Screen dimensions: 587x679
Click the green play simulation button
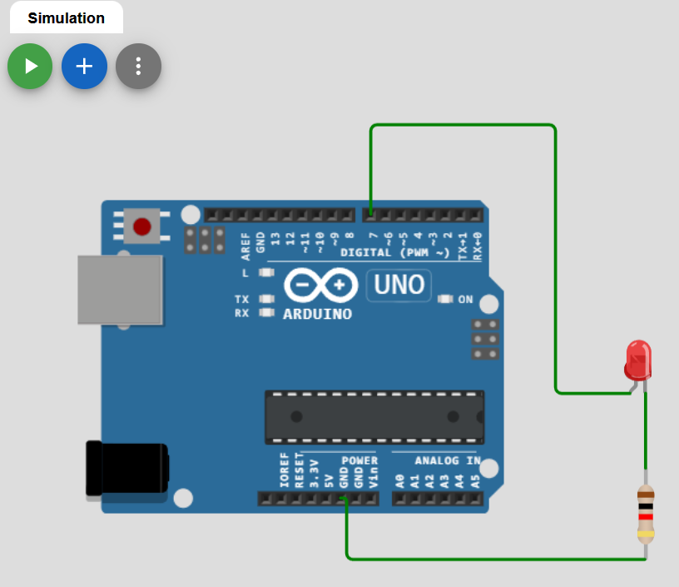[x=30, y=67]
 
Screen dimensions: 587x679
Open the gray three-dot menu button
[x=138, y=67]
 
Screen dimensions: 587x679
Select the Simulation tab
[x=67, y=17]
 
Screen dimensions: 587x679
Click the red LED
[x=637, y=357]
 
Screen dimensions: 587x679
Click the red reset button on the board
[x=142, y=226]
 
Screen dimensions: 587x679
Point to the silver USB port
[x=120, y=289]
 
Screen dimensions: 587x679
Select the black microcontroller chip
[x=374, y=416]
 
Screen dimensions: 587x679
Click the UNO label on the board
[x=399, y=286]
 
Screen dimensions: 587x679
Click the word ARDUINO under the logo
[x=317, y=315]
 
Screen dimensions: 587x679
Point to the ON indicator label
[x=465, y=300]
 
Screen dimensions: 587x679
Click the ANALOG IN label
[x=448, y=460]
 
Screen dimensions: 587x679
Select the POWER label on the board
[x=359, y=460]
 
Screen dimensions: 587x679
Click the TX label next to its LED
[x=242, y=299]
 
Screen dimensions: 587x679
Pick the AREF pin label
[x=246, y=241]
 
